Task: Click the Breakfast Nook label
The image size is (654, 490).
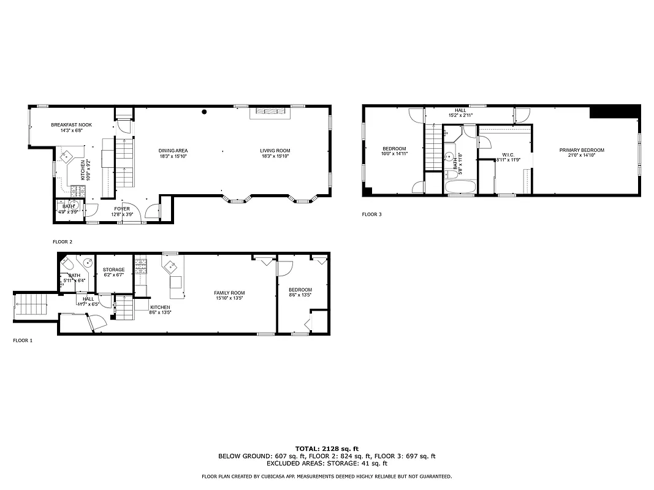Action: (71, 125)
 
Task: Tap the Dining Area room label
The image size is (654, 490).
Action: (173, 151)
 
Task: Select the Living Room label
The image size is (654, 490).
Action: (275, 151)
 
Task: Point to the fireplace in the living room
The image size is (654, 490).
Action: (270, 111)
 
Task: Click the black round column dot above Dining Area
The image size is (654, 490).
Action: (205, 112)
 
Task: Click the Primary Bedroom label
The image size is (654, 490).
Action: (581, 150)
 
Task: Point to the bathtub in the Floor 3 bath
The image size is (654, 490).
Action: (460, 187)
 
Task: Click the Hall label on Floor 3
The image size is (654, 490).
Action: (460, 110)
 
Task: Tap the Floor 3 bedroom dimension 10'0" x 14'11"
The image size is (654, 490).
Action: (394, 154)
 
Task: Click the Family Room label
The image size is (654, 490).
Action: (229, 293)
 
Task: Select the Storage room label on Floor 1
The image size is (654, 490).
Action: (113, 269)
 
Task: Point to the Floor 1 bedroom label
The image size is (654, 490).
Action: (300, 290)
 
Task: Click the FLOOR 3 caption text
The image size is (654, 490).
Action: (371, 214)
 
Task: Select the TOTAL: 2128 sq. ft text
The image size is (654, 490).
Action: (327, 448)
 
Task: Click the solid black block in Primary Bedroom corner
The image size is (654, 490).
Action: (614, 112)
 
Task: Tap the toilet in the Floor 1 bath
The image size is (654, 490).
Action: (67, 265)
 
